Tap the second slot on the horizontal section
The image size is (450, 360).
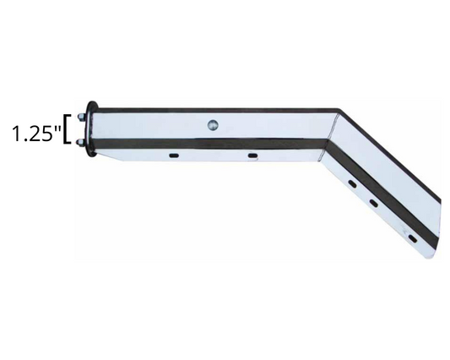pyautogui.click(x=252, y=155)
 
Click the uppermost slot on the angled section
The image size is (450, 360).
pyautogui.click(x=350, y=181)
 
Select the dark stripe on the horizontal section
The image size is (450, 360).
pyautogui.click(x=211, y=141)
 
